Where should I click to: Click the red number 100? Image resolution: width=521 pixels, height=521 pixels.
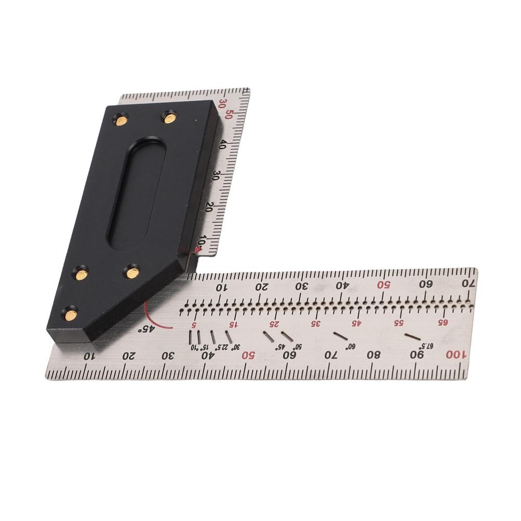coord(453,355)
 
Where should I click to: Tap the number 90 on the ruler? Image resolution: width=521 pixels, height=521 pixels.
coord(417,355)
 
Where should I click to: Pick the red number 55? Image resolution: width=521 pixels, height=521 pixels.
coord(399,323)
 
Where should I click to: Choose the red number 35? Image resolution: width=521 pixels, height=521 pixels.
coord(315,323)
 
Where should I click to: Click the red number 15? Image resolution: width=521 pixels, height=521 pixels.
coord(234,324)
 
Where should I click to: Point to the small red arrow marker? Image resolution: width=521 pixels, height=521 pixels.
coord(197,252)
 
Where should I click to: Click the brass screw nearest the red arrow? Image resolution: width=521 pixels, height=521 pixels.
coord(132,270)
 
